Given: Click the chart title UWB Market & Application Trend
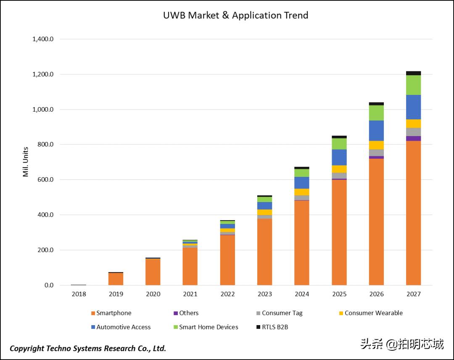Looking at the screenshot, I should (235, 16).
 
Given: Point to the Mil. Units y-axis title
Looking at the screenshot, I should (26, 162).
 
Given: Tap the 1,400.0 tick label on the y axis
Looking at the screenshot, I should (43, 39).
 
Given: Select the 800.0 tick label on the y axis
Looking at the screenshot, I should (45, 145).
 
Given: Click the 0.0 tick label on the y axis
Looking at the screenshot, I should (49, 285).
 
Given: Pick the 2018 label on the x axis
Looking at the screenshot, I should (79, 294).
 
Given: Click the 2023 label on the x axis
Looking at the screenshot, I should (265, 294).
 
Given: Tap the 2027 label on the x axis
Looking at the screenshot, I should (413, 294).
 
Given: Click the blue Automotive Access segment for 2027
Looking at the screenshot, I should (413, 107).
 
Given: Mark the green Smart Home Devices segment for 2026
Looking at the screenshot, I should (376, 113).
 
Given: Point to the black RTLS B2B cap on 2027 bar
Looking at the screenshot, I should (413, 73).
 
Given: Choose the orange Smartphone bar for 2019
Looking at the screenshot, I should (116, 279).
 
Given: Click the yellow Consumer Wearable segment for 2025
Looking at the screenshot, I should (339, 169).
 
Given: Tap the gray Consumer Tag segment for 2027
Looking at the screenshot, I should (413, 132).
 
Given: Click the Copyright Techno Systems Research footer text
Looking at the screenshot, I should (88, 348).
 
